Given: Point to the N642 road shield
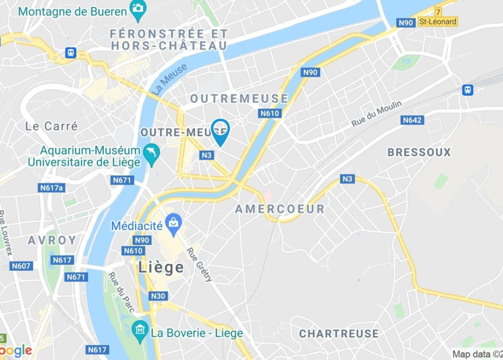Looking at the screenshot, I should (412, 120).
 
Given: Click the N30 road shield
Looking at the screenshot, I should (158, 296).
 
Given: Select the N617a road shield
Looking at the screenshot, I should (52, 188).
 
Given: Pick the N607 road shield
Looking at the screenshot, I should (21, 266).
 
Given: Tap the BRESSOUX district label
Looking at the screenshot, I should (419, 152).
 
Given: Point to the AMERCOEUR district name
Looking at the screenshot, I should (280, 209).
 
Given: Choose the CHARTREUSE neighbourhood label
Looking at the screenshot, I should (339, 334).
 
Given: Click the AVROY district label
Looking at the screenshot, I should (52, 240).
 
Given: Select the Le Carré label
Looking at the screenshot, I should (52, 126).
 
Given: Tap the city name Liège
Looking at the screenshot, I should (161, 268).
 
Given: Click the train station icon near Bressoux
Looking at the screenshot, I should (467, 89).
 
